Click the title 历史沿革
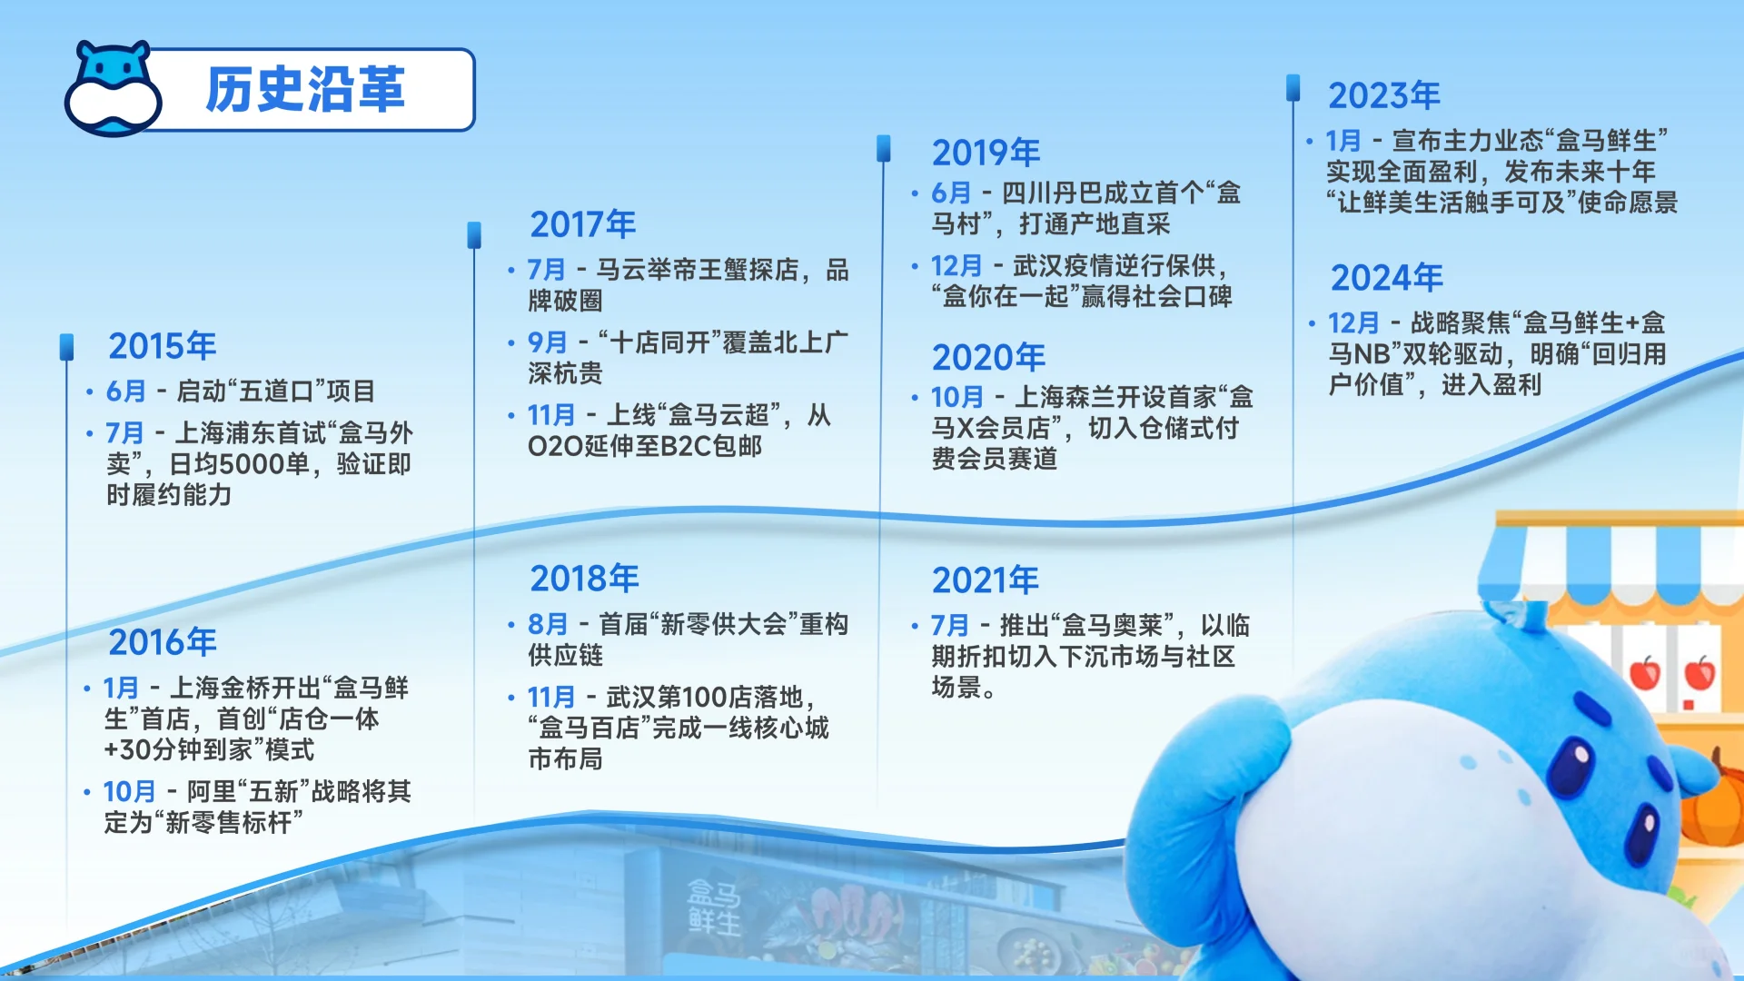[x=305, y=89]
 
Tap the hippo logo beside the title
[x=113, y=88]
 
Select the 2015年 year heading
[x=163, y=346]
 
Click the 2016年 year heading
[x=163, y=642]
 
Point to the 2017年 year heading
[x=583, y=224]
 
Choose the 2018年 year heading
[x=585, y=579]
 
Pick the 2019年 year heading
[x=986, y=153]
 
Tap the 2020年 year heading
[x=989, y=357]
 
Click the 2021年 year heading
[x=986, y=580]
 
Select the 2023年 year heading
[x=1384, y=95]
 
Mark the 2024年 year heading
[x=1387, y=278]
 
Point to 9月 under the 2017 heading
[x=548, y=342]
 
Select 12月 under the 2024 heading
[x=1353, y=323]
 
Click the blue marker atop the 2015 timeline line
[x=66, y=347]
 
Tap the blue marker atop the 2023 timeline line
[x=1293, y=87]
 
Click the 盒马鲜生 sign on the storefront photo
[x=714, y=907]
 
